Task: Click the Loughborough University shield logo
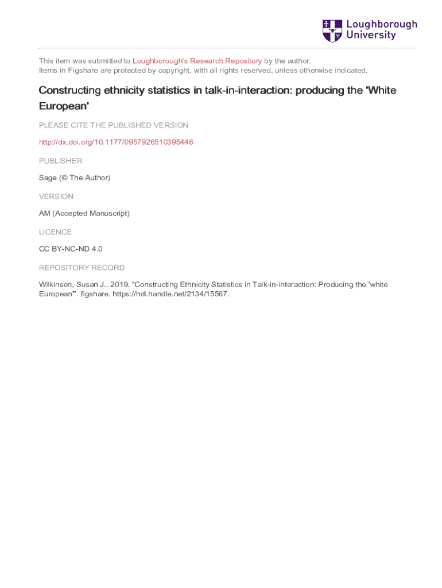pyautogui.click(x=332, y=30)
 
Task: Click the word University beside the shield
pyautogui.click(x=371, y=36)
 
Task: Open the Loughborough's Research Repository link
pyautogui.click(x=197, y=61)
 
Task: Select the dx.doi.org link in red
pyautogui.click(x=116, y=142)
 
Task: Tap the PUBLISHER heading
pyautogui.click(x=60, y=161)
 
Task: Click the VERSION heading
pyautogui.click(x=56, y=196)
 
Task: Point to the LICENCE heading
pyautogui.click(x=55, y=232)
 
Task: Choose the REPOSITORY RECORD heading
pyautogui.click(x=82, y=268)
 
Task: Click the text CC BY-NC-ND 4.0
pyautogui.click(x=71, y=249)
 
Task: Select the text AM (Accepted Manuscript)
pyautogui.click(x=84, y=214)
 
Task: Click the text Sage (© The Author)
pyautogui.click(x=75, y=178)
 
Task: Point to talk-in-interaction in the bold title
pyautogui.click(x=245, y=91)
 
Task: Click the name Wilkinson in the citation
pyautogui.click(x=56, y=285)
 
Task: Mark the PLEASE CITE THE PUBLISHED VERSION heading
pyautogui.click(x=114, y=125)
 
